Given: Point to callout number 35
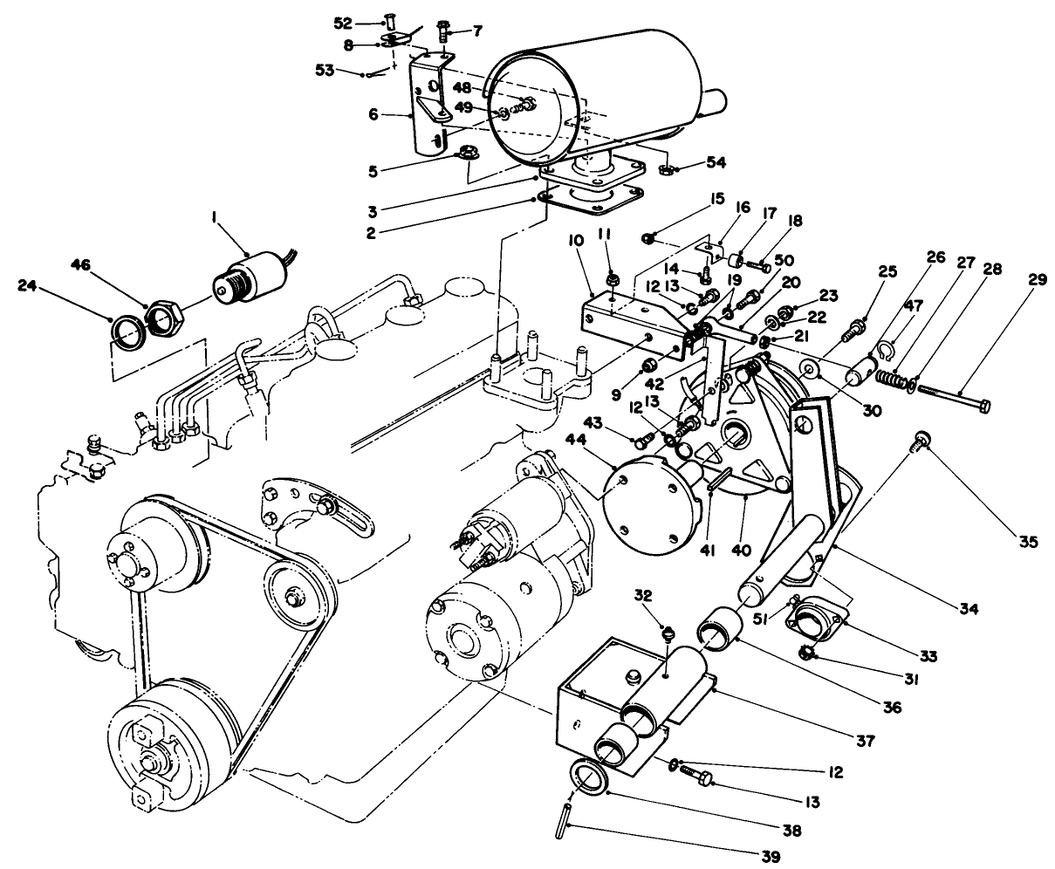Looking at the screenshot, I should click(x=1028, y=542).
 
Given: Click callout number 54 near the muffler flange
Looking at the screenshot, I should click(x=717, y=161).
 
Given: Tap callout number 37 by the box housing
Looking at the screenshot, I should click(x=865, y=742).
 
